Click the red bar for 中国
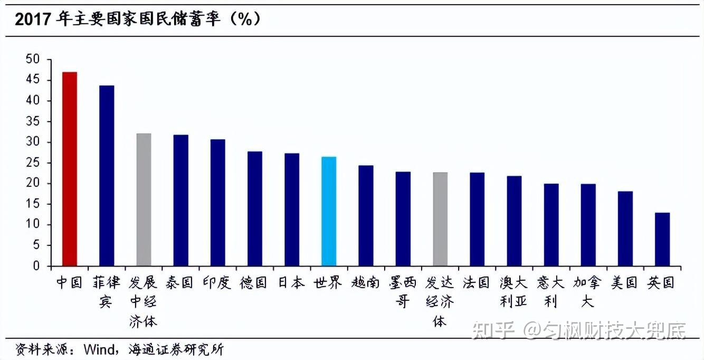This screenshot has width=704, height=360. [x=70, y=169]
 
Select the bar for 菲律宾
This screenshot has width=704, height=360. [x=107, y=176]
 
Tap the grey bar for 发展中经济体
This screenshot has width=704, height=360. [x=144, y=200]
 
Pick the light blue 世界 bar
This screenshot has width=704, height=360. [x=329, y=211]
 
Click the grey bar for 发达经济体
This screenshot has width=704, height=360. [x=440, y=219]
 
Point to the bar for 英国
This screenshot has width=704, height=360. [x=662, y=239]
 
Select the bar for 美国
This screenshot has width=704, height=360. [x=625, y=229]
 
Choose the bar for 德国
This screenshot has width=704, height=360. [x=255, y=209]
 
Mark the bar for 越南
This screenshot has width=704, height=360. [x=366, y=215]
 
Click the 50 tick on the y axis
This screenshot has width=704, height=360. [x=33, y=60]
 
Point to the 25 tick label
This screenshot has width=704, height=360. [x=33, y=163]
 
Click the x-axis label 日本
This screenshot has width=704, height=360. [x=291, y=282]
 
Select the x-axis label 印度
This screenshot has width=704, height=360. [x=217, y=282]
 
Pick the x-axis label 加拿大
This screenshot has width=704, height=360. [x=587, y=292]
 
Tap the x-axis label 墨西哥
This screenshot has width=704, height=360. [x=403, y=292]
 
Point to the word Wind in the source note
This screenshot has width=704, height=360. [x=94, y=349]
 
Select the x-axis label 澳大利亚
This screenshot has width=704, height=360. [x=513, y=292]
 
